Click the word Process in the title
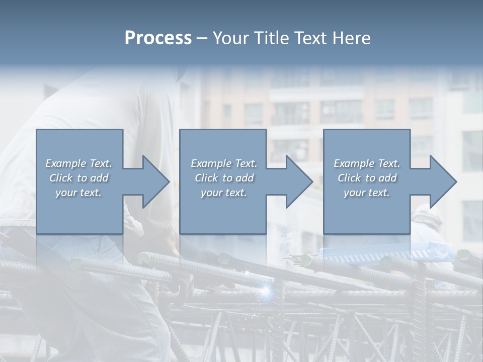(158, 38)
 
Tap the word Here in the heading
(351, 38)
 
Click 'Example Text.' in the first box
(78, 163)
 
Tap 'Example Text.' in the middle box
(224, 163)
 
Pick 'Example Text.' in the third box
(367, 163)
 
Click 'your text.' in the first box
(78, 193)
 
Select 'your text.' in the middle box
(224, 193)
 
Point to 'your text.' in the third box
(367, 193)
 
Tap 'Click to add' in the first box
(78, 178)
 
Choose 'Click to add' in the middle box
(224, 178)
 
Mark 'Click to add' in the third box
(367, 178)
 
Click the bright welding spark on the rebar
(265, 290)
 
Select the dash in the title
(202, 39)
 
